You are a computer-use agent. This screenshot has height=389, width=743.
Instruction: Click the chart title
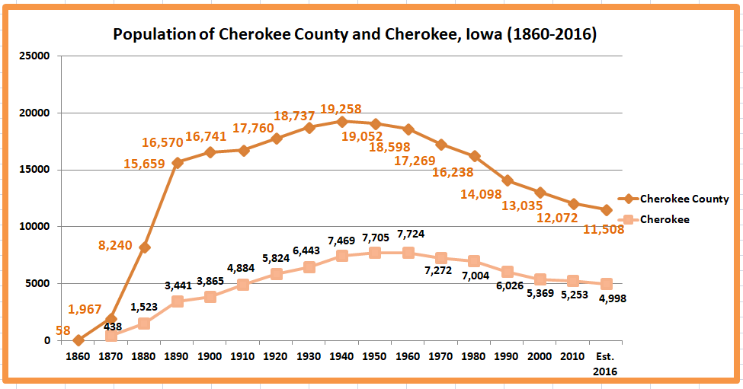(354, 34)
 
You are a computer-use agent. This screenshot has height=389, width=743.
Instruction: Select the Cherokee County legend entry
(684, 199)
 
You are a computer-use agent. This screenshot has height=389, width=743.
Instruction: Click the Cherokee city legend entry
(665, 219)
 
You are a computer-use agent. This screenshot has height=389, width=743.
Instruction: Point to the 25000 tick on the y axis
(34, 56)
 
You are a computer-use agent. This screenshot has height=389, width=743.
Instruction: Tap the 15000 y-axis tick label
(34, 170)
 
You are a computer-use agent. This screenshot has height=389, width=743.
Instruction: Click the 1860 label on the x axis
(78, 356)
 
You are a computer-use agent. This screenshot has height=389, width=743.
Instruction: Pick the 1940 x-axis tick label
(341, 356)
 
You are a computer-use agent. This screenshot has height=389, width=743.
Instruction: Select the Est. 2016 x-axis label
(606, 363)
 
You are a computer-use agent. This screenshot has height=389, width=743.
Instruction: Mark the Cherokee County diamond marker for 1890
(177, 163)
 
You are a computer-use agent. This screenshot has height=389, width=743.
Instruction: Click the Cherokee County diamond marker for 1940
(341, 122)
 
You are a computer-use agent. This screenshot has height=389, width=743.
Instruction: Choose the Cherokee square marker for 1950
(375, 253)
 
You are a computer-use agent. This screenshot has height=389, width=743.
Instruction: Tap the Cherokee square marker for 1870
(110, 336)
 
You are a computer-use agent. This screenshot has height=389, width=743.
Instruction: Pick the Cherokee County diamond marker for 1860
(78, 340)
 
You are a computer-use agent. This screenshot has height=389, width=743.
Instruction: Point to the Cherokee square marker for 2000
(540, 279)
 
